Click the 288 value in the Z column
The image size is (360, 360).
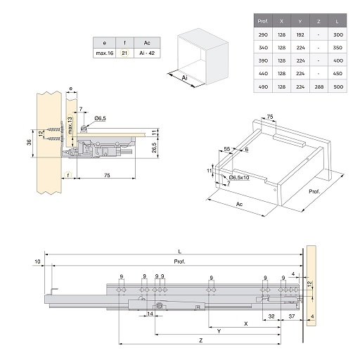click(x=319, y=86)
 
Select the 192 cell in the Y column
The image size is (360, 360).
click(x=300, y=35)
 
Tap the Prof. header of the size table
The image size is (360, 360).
click(x=263, y=21)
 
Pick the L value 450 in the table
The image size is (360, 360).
click(x=337, y=74)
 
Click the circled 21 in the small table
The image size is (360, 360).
click(x=124, y=53)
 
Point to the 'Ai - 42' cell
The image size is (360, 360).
click(x=147, y=53)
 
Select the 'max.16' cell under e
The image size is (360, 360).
click(x=105, y=53)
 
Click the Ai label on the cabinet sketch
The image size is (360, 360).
click(x=185, y=77)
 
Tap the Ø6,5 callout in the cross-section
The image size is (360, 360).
click(x=100, y=118)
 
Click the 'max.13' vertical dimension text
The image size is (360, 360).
click(x=70, y=125)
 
